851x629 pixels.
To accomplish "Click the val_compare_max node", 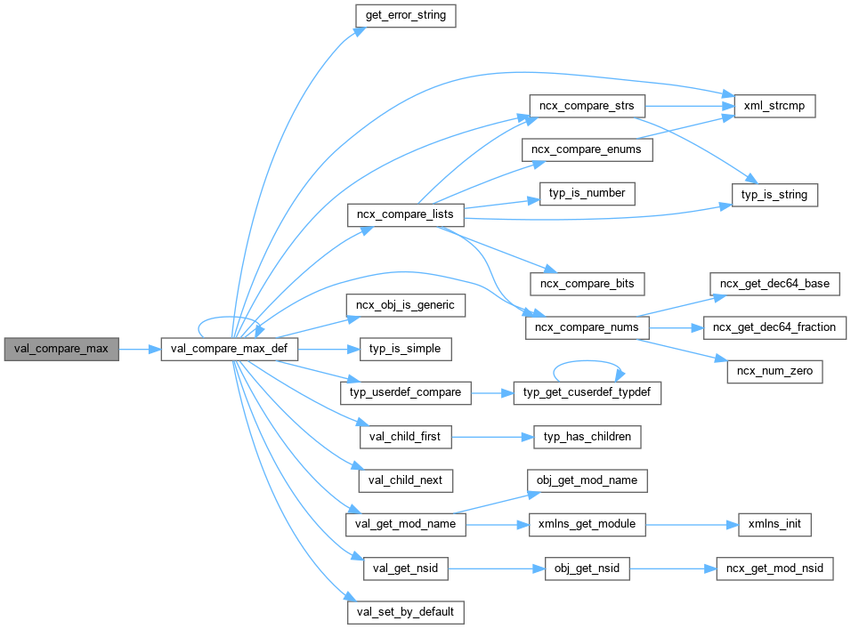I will pos(61,349).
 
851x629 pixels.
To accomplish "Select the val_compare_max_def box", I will pos(229,349).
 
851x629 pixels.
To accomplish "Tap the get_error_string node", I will pos(405,15).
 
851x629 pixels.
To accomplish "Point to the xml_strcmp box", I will pos(768,105).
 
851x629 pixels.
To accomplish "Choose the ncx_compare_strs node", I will pos(587,105).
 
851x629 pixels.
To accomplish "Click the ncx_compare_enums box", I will pos(587,149).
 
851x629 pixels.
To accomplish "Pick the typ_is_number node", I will pos(587,193).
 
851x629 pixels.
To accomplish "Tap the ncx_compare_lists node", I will pos(405,214).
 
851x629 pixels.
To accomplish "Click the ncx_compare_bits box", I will pos(587,283).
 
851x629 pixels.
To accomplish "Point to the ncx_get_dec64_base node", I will pos(774,284).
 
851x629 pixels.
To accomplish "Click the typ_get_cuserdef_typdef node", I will pos(588,392).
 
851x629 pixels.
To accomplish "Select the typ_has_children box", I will pos(587,437).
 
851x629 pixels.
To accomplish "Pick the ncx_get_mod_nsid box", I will pos(774,569).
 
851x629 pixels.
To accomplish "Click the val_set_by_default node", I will pos(405,612).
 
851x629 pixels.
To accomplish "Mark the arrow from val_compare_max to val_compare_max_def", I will pos(139,350).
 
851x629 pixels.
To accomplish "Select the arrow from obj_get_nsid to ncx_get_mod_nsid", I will pos(672,569).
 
